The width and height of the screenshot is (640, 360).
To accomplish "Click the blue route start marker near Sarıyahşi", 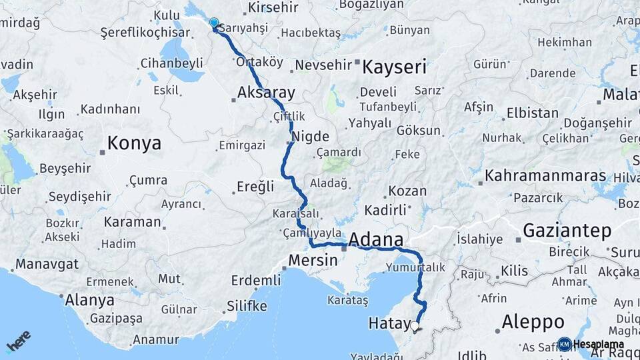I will [x=214, y=23].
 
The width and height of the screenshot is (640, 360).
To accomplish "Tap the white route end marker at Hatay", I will [x=415, y=327].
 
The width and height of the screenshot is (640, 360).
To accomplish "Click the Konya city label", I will [x=134, y=143].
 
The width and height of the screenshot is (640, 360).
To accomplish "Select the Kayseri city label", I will [x=394, y=67].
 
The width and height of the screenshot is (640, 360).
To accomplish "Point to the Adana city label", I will [x=376, y=240].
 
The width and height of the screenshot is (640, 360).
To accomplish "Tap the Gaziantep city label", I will [x=567, y=231].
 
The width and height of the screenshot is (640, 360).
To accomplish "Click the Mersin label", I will [x=313, y=261].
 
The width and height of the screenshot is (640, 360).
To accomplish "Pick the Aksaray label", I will [x=266, y=92].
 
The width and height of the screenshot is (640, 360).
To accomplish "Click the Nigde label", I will [x=311, y=137].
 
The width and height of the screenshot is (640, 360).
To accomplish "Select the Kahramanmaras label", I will [x=545, y=176].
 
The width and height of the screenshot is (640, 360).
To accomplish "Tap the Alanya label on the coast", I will [x=89, y=300].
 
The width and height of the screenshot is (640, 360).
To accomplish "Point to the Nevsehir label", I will [x=323, y=65].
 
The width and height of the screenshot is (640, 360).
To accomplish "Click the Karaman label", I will [x=133, y=221].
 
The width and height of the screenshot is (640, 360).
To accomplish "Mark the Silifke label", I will [x=247, y=306].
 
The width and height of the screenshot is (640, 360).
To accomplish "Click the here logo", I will [x=18, y=341].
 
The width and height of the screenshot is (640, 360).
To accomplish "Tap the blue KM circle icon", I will [x=564, y=344].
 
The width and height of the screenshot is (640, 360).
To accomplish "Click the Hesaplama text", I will [x=599, y=344].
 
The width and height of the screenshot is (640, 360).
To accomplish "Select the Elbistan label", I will [x=533, y=113].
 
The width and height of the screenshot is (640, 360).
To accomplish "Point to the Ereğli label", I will [x=256, y=187].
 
